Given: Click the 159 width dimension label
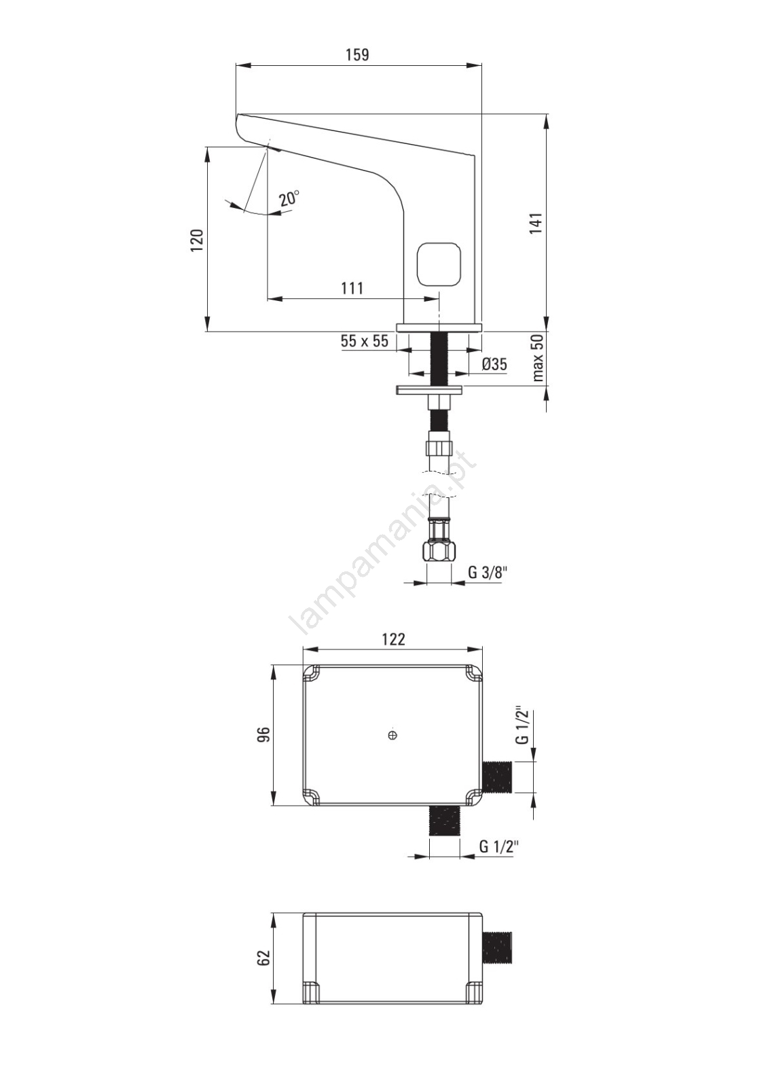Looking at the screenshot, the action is tap(357, 55).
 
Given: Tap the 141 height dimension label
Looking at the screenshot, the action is tap(536, 224).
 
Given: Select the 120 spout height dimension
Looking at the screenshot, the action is tap(197, 240).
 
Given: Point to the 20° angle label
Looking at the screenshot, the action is tap(289, 198).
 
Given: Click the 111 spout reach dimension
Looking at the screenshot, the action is tap(352, 288).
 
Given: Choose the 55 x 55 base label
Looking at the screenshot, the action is tap(365, 341).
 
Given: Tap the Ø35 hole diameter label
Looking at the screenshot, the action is tap(494, 364).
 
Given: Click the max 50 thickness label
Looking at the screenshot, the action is tap(538, 359).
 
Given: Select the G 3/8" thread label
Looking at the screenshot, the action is tap(488, 573).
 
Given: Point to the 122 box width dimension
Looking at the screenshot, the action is tap(393, 639).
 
